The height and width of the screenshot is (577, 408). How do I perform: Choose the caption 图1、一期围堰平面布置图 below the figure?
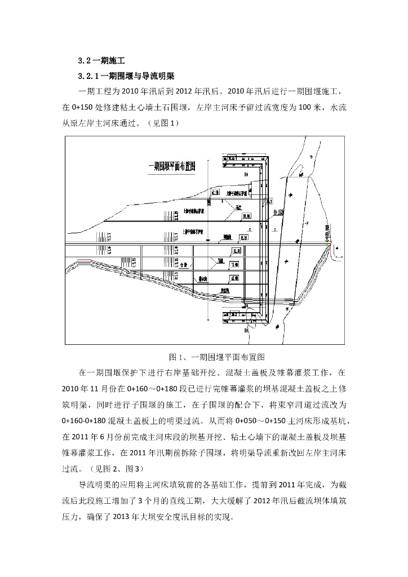pyautogui.click(x=217, y=357)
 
